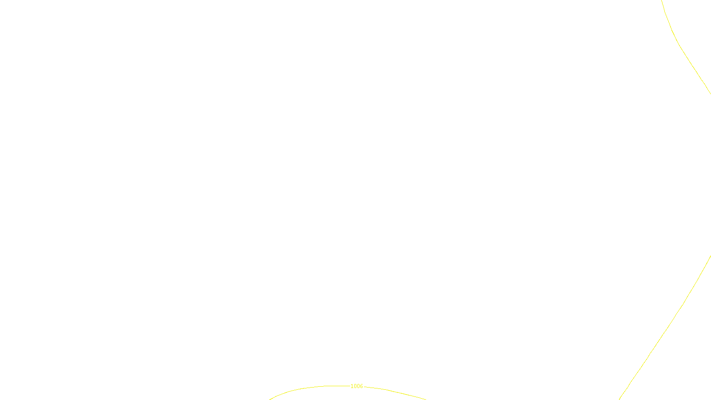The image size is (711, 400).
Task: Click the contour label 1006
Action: click(356, 386)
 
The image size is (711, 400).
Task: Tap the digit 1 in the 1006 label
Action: click(352, 386)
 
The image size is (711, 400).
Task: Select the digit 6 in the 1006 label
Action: click(361, 386)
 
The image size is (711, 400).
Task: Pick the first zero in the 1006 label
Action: click(355, 386)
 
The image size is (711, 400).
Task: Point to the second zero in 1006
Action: click(358, 386)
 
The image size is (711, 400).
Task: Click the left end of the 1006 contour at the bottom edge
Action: click(269, 400)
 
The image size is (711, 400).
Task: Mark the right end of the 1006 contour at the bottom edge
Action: click(426, 400)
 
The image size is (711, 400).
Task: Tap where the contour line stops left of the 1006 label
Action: click(349, 386)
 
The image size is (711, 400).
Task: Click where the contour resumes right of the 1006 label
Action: click(364, 387)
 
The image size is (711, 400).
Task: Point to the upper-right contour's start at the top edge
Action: click(662, 0)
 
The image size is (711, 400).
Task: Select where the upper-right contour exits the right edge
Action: click(711, 94)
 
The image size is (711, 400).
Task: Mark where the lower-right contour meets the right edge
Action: click(711, 256)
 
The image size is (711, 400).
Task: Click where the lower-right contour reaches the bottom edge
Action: click(619, 400)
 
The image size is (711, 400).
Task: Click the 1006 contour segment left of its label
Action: click(305, 388)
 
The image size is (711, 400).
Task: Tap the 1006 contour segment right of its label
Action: click(395, 392)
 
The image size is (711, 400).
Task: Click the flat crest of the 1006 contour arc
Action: click(336, 386)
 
